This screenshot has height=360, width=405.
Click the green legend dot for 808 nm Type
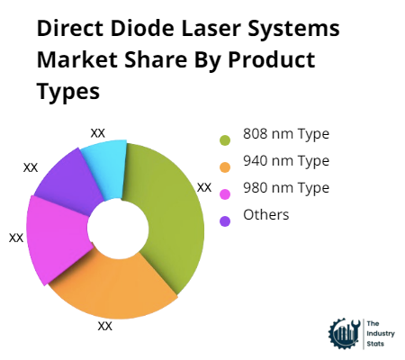224,139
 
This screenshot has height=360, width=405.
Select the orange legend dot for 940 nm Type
224,166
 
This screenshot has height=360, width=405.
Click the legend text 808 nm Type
287,134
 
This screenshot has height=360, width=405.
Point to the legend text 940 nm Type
287,161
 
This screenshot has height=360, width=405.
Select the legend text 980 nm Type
287,188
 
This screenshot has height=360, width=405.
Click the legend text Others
266,214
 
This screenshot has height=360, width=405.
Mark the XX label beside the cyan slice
98,132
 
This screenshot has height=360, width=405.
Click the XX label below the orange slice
105,327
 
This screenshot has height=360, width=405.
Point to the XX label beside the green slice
204,187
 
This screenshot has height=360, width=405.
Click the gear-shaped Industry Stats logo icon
343,333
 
